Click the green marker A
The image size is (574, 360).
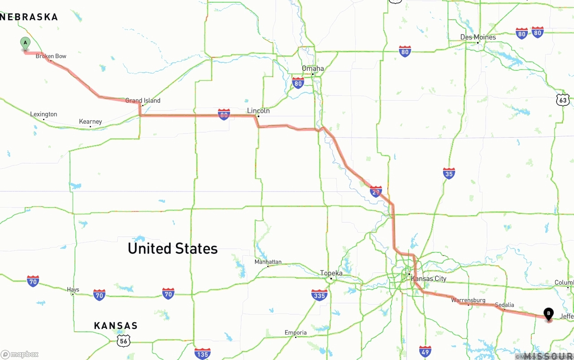coord(26,43)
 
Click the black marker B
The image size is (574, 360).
coord(548,314)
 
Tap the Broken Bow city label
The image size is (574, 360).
coord(51,56)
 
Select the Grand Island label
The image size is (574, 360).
coord(143,101)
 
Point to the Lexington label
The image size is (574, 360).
coord(43,114)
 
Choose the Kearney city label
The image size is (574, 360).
coord(90,121)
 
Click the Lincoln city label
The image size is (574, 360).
coord(258,111)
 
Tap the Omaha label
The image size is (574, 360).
coord(313,69)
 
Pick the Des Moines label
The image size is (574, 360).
coord(478,37)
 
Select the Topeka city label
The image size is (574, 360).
coord(331,273)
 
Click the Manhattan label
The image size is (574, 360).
coord(268,262)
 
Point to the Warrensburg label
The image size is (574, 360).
coord(468,300)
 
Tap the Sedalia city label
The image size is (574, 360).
coord(504,305)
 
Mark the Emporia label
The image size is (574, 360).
coord(296,333)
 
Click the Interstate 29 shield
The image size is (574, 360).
coord(376,191)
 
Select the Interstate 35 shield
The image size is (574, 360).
coord(449,173)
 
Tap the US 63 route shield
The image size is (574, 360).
coord(563,100)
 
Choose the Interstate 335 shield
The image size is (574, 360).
coord(319,295)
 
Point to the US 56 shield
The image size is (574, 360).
coord(123,340)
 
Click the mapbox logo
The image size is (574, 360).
coord(20,354)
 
